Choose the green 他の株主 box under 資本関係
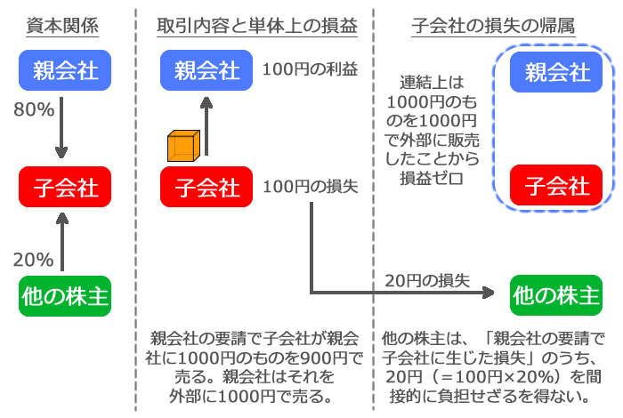pos(65,296)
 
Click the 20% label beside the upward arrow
pos(33,260)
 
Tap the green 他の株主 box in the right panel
pos(556,293)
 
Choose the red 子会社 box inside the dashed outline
pos(556,186)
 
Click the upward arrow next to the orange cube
pos(208,125)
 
